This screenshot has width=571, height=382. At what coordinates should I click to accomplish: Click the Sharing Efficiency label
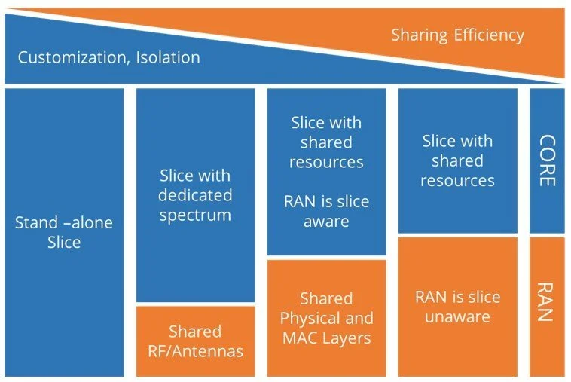[x=457, y=35]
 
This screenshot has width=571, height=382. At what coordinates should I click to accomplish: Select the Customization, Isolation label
[x=108, y=57]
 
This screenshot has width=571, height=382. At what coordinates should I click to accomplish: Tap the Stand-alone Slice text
[x=63, y=232]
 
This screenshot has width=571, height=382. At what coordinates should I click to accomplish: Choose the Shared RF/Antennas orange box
[x=195, y=341]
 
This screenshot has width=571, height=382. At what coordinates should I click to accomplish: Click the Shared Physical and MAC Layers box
[x=326, y=318]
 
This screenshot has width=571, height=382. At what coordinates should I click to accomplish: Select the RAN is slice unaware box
[x=457, y=306]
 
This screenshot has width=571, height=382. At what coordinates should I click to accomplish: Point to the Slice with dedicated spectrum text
[x=195, y=195]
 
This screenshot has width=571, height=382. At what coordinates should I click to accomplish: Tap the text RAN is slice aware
[x=326, y=211]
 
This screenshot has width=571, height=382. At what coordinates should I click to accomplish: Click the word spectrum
[x=195, y=215]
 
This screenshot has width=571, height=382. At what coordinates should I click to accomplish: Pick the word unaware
[x=457, y=316]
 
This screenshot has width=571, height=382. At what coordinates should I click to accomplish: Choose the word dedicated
[x=195, y=196]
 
